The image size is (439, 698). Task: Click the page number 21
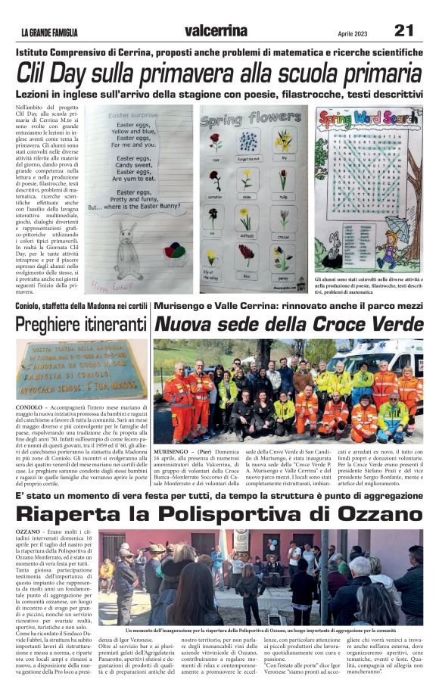tap(403, 30)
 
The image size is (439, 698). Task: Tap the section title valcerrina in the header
tap(215, 30)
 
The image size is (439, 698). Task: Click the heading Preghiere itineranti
tap(81, 324)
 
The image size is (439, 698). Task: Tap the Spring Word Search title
tap(369, 119)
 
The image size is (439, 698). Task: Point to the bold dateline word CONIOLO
tap(29, 407)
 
